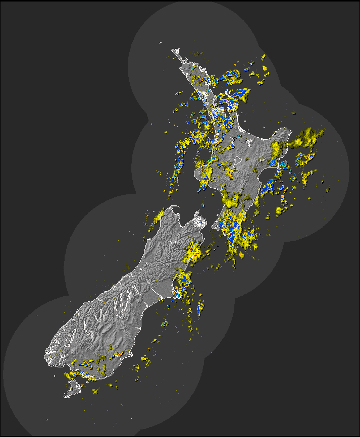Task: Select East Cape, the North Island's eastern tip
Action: coord(290,130)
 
